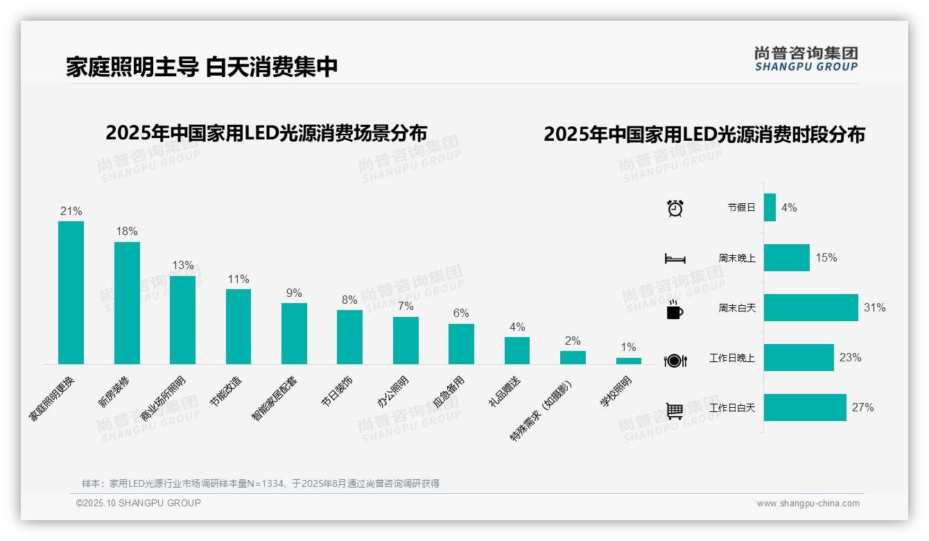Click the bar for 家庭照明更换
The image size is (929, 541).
[71, 293]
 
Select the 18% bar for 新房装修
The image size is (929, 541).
[127, 303]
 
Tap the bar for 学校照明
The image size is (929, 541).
[628, 361]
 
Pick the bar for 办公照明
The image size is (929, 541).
[406, 341]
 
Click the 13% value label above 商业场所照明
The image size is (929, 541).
[183, 266]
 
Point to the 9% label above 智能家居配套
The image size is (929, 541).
[294, 293]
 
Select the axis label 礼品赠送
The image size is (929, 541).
[505, 392]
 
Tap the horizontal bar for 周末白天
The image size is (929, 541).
[810, 308]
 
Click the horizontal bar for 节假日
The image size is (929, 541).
[770, 207]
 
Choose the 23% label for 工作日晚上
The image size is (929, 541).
[850, 358]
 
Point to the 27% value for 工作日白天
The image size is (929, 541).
[862, 408]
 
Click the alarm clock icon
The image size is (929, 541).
[675, 208]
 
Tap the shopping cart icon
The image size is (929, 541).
[675, 411]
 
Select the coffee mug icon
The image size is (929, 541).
[675, 309]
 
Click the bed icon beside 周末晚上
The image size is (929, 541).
[675, 259]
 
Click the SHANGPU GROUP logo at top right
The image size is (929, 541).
[806, 59]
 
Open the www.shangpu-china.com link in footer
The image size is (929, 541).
[808, 504]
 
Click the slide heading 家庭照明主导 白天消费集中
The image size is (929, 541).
[202, 67]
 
